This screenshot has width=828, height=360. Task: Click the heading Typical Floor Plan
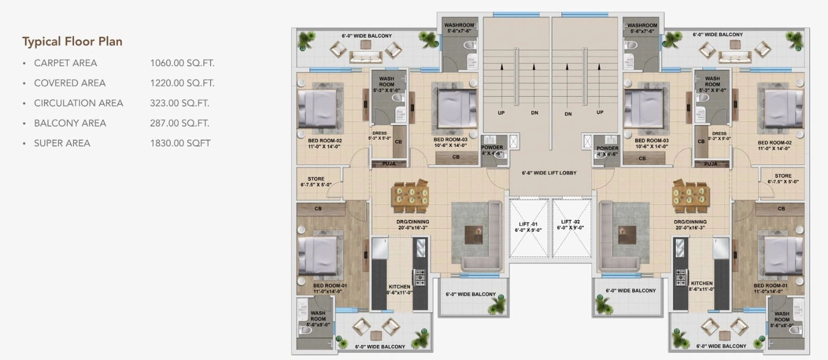point(72,41)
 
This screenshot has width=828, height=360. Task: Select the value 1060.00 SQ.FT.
point(182,63)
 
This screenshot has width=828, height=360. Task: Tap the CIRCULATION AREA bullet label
point(78,103)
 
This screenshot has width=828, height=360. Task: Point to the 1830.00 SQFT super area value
point(180,143)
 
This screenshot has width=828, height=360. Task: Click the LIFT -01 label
point(528,224)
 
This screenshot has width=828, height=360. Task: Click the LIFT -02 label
point(571,222)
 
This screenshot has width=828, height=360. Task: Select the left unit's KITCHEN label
point(399,287)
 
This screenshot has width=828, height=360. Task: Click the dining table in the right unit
point(690,195)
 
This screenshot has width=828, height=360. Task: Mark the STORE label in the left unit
point(316,179)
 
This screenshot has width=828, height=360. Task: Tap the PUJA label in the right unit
point(711,164)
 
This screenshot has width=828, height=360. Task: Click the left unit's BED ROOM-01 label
point(330,286)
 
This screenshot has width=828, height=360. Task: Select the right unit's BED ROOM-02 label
point(774,143)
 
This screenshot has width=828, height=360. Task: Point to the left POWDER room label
point(492,147)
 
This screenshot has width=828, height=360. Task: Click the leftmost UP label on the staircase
point(501,113)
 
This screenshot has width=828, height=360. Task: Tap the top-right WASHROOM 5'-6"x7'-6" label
point(642,25)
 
